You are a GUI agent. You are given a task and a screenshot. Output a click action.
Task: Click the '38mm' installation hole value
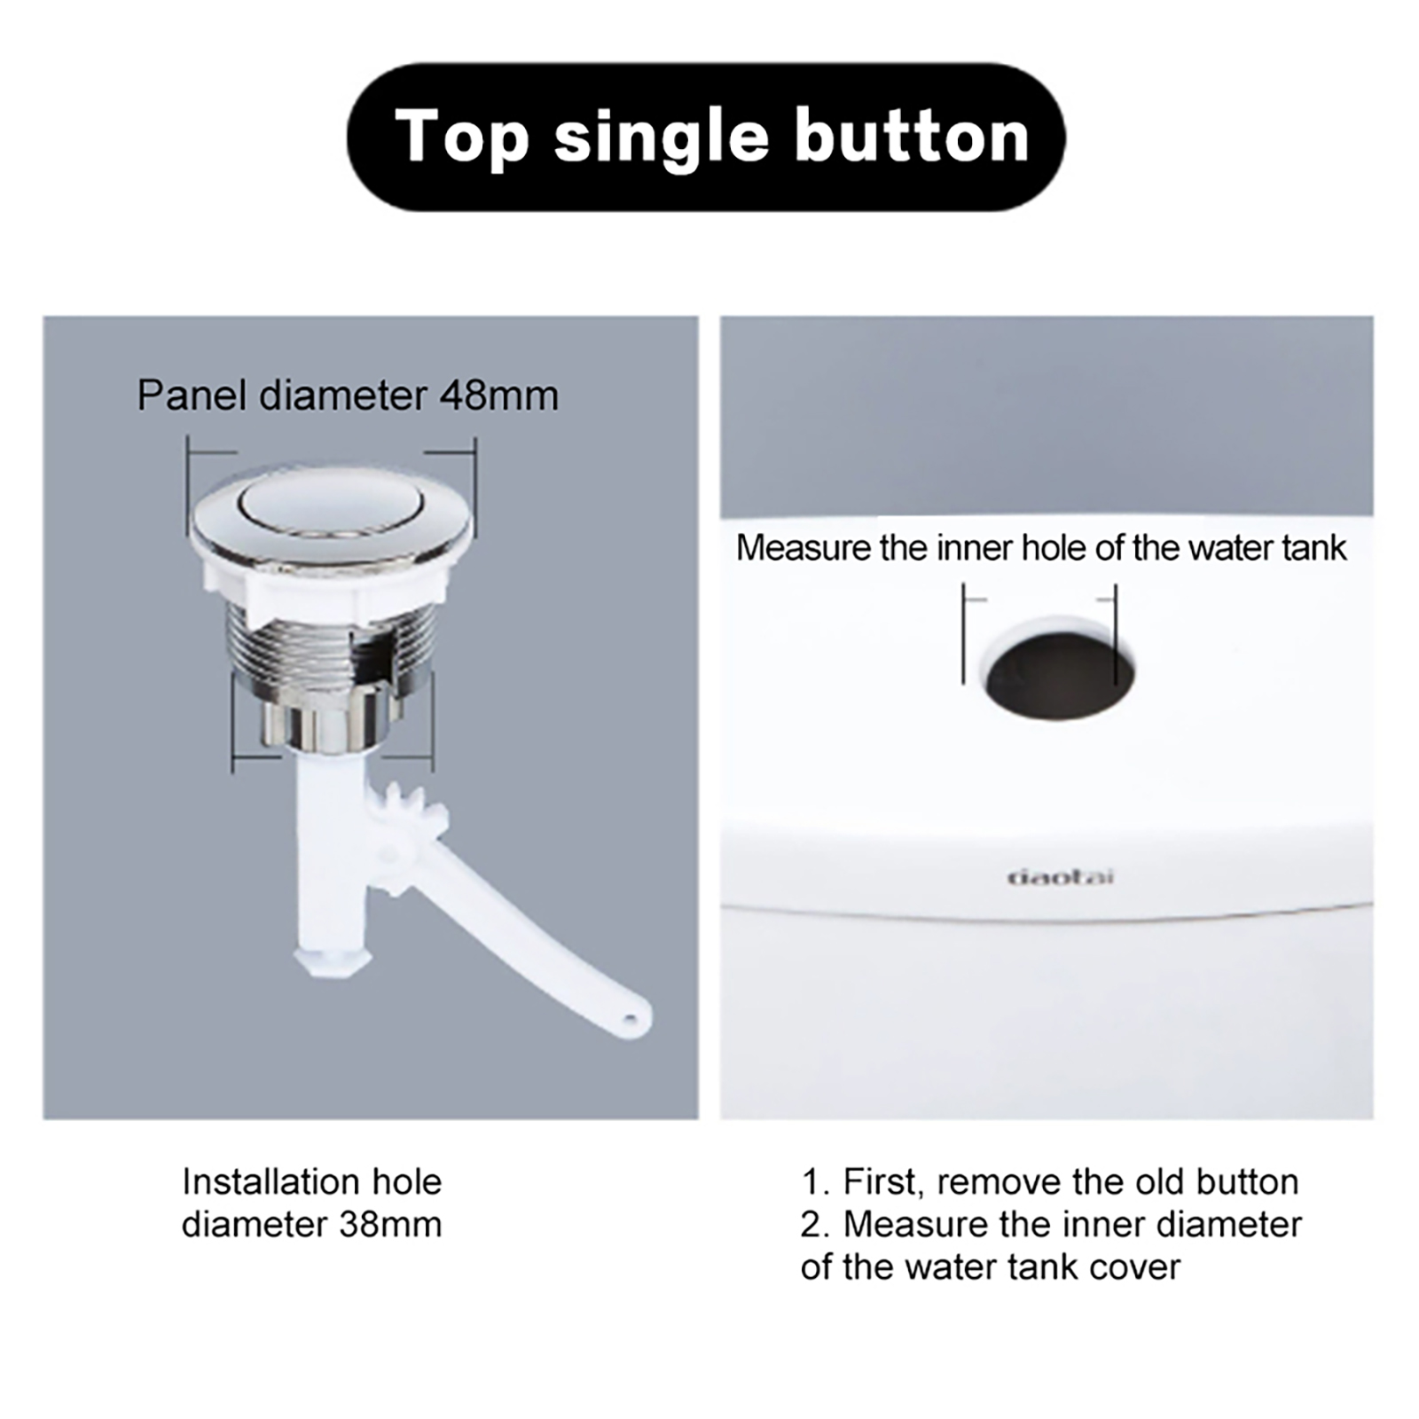390,1225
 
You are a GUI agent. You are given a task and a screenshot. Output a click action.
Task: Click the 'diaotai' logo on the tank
1061,877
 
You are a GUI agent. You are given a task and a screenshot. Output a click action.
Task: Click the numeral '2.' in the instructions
815,1225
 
